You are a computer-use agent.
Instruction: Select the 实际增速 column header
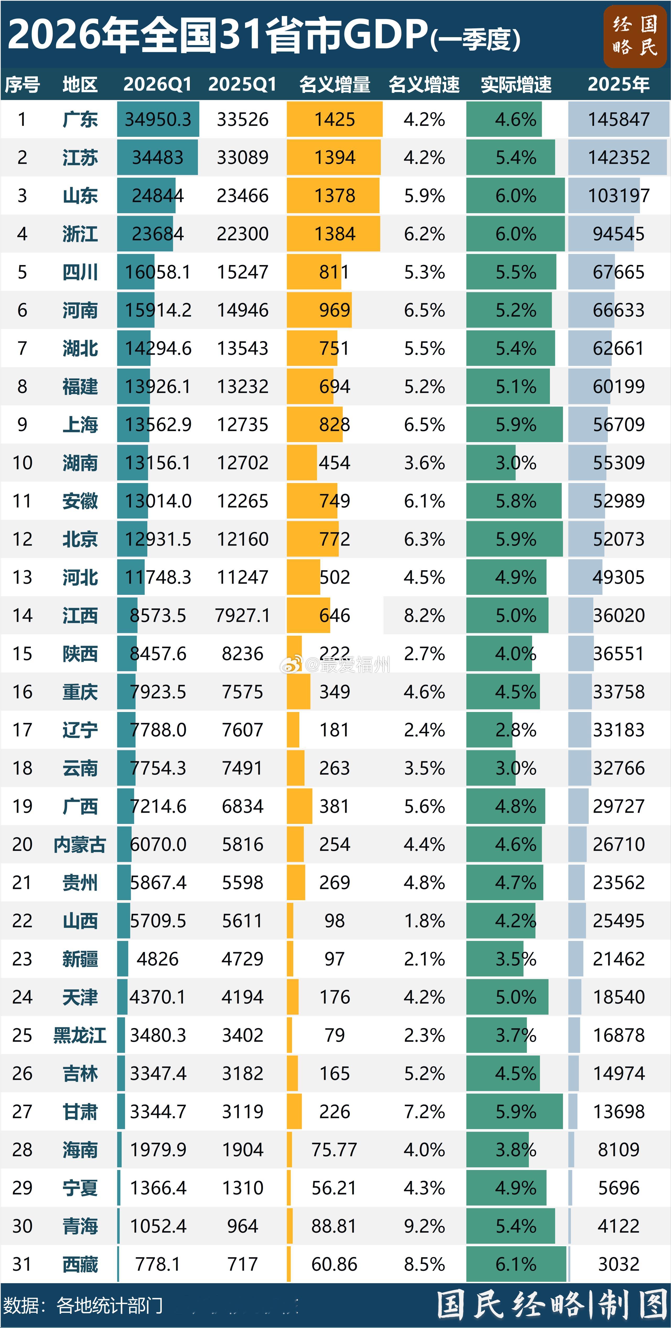516,84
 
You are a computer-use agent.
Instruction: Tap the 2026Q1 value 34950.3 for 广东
158,119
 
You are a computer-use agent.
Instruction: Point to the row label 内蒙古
80,844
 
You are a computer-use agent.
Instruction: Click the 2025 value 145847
618,119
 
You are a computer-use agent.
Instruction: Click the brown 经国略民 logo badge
635,36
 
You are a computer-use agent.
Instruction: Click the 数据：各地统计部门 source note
83,1305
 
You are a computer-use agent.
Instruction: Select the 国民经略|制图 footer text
553,1305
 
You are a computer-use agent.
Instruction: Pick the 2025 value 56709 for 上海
618,424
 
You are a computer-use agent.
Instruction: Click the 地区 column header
80,84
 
